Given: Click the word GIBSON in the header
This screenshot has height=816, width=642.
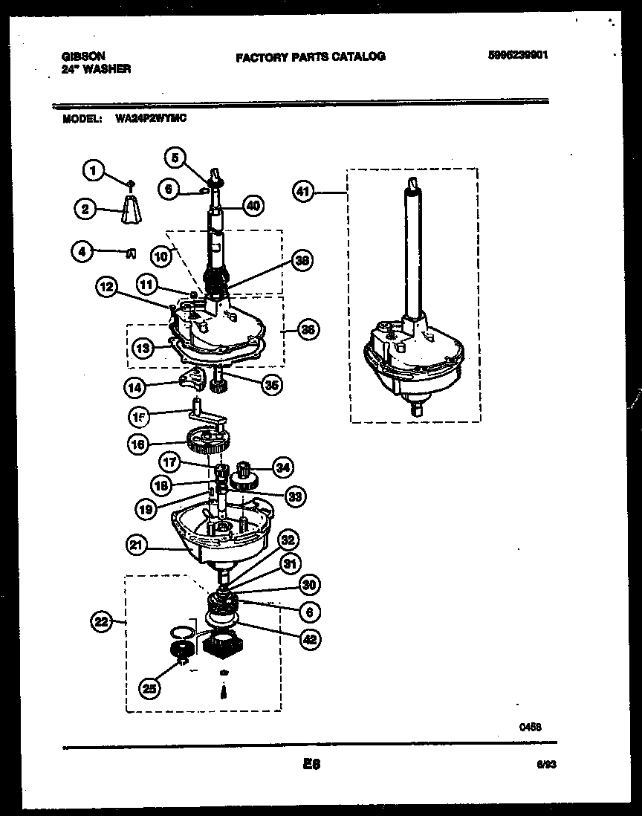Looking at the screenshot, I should (82, 56).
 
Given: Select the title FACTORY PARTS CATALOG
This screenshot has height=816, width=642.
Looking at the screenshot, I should (311, 56).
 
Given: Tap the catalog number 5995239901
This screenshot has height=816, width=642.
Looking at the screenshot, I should (519, 55).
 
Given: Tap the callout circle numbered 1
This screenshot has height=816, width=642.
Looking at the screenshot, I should (94, 172).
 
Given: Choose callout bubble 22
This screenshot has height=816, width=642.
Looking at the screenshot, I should (101, 621).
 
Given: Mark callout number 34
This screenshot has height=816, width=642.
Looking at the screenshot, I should (282, 467).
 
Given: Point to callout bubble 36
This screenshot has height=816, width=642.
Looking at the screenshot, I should (308, 328).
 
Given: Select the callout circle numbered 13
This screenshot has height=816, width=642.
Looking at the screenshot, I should (143, 346).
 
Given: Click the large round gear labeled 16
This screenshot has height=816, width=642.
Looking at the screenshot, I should (209, 443).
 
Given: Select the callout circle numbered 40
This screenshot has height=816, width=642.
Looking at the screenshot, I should (253, 206).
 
